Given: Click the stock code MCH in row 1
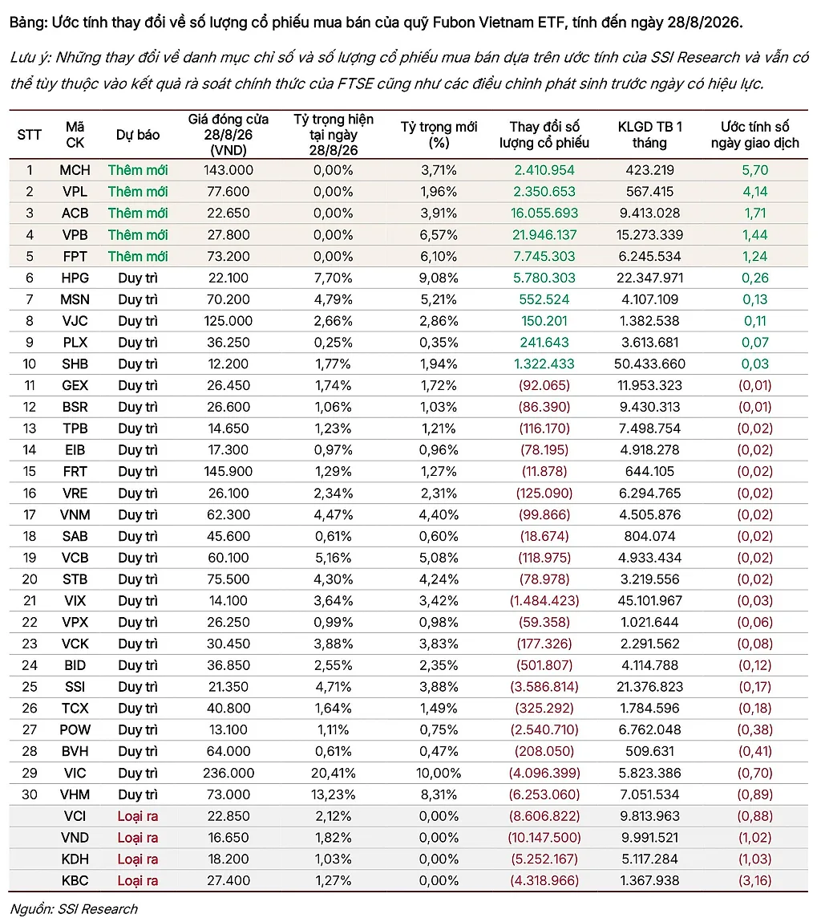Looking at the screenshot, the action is coord(75,170).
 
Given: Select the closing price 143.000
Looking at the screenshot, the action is coord(228,170).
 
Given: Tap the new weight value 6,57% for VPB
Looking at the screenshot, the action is coord(439,235).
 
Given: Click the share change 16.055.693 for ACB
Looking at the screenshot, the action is coord(544,213).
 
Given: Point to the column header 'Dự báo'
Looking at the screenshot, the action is coord(138,135).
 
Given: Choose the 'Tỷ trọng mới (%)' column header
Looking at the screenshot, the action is coord(439,135).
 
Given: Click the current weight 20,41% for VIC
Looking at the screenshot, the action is coord(334,773).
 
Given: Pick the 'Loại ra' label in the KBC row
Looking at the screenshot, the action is coord(138,880).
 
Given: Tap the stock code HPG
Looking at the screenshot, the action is coord(75,278).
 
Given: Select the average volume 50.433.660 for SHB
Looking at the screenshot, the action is coord(649,364).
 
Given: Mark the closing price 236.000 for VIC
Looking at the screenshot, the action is coord(228,773).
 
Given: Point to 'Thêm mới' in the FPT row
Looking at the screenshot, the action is coord(138,257).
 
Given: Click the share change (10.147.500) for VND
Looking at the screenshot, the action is coord(544,838).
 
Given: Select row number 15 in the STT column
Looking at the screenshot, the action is coord(29,472).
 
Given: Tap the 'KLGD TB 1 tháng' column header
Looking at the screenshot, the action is coord(649,135).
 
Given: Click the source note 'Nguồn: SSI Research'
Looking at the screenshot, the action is coord(75,908).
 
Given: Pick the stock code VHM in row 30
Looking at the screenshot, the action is coord(75,794).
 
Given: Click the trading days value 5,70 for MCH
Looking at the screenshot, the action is coord(755,170).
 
